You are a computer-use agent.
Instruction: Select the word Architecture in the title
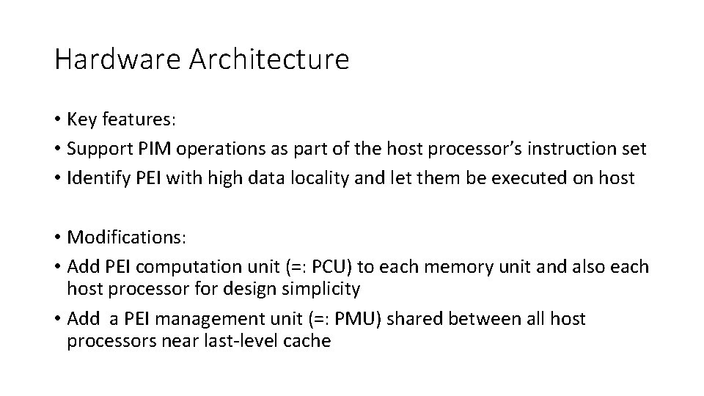(269, 59)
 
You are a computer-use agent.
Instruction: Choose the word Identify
(95, 178)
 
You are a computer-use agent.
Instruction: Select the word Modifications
(125, 237)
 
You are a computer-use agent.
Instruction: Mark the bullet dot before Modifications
(58, 238)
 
